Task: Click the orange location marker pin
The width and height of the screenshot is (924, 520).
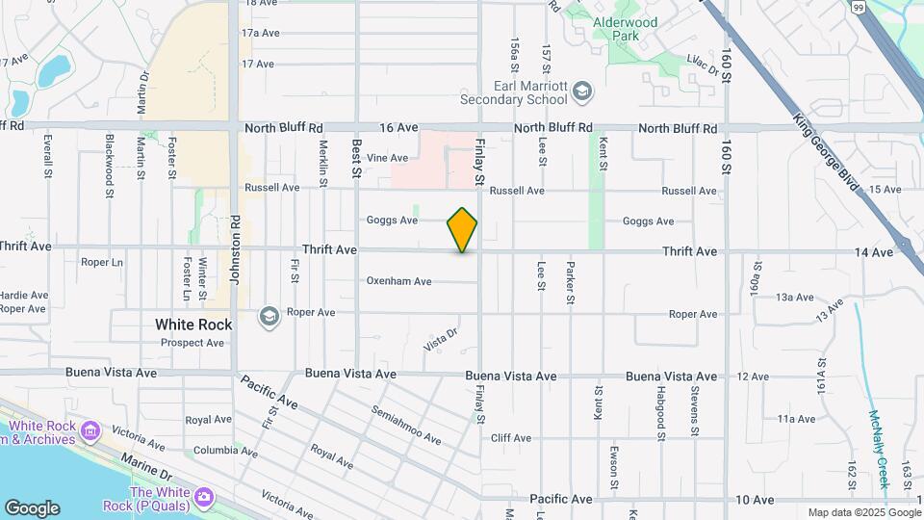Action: (462, 230)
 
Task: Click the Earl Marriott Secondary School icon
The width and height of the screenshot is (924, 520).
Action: (581, 91)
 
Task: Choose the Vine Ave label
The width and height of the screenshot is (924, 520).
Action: (387, 158)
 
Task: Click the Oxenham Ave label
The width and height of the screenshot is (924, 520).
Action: (398, 281)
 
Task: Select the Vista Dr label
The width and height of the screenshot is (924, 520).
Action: (440, 340)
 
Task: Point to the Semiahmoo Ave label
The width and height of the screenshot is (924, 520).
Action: (405, 425)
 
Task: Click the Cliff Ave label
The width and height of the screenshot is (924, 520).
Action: (510, 438)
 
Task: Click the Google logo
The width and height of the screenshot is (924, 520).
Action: (32, 508)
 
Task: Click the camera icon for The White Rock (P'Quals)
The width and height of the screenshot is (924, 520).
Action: (204, 496)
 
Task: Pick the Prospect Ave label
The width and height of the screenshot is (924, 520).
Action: (192, 342)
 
